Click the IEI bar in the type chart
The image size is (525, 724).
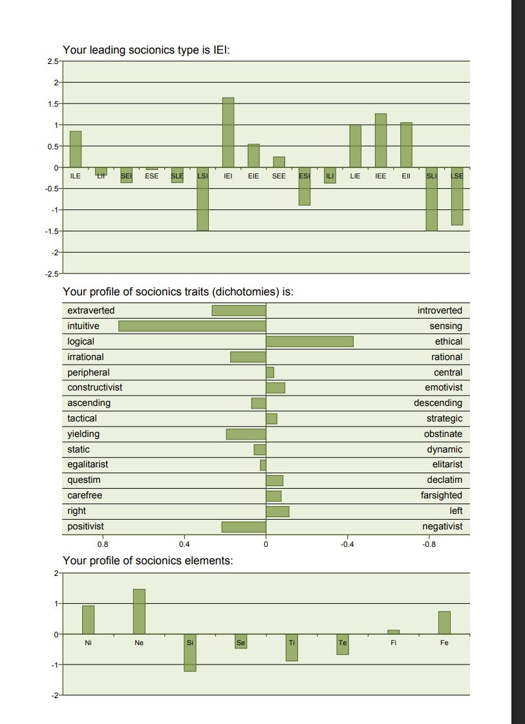(x=228, y=133)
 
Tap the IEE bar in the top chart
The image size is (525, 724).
(x=381, y=140)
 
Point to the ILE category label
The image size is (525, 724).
(x=75, y=175)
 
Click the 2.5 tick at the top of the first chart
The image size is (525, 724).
(x=52, y=61)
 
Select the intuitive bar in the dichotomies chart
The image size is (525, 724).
(x=192, y=326)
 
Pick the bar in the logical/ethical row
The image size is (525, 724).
(x=309, y=341)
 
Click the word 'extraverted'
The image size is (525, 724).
(x=91, y=311)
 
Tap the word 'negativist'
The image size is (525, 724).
(x=442, y=526)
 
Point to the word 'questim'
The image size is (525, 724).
(x=84, y=480)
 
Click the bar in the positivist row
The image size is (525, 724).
(x=244, y=526)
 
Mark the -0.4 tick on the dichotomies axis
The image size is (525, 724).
(x=347, y=544)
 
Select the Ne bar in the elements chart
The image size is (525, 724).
(x=139, y=612)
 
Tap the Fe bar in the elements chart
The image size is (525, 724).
(x=444, y=623)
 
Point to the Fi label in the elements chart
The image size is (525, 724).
(x=394, y=643)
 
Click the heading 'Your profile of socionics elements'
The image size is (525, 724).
(x=147, y=560)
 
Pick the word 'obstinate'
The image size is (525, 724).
(x=443, y=434)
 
